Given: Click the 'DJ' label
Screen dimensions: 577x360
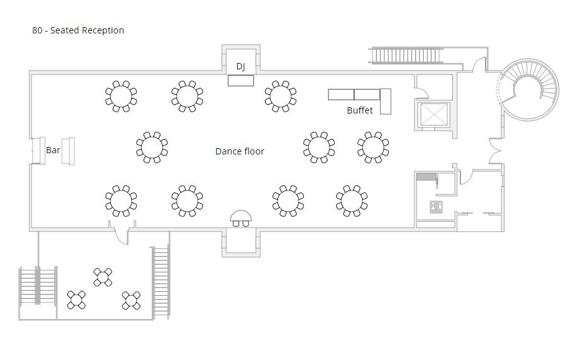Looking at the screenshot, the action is click(240, 67).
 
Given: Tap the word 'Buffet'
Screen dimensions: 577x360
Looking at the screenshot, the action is click(360, 110).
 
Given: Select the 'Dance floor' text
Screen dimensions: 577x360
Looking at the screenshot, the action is click(240, 151).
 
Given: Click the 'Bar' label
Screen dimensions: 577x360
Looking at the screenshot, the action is click(53, 150).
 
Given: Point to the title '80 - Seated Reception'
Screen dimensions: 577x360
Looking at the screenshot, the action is click(78, 30).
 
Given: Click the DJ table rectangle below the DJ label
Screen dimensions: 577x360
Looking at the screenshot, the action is click(241, 81).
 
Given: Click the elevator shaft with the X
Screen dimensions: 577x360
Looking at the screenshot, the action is click(434, 114).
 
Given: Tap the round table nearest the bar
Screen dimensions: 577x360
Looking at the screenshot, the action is click(152, 147).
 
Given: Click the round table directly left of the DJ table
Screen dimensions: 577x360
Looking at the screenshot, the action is click(187, 96).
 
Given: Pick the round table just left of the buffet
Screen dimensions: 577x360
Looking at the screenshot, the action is click(281, 96).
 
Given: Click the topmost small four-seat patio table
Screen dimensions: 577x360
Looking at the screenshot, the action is click(103, 277).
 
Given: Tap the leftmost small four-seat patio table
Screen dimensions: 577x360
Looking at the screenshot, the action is click(76, 300).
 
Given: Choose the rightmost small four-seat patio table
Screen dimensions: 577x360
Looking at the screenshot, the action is click(131, 301).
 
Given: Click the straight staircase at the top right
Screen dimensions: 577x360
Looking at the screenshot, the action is click(406, 55).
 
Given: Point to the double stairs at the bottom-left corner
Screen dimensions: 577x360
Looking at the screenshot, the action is click(38, 286).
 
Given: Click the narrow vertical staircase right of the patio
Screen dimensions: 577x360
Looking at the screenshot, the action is click(161, 282).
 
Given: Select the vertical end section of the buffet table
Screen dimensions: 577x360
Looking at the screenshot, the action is click(385, 102).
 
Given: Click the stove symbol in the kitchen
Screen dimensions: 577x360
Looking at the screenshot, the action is click(436, 207).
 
